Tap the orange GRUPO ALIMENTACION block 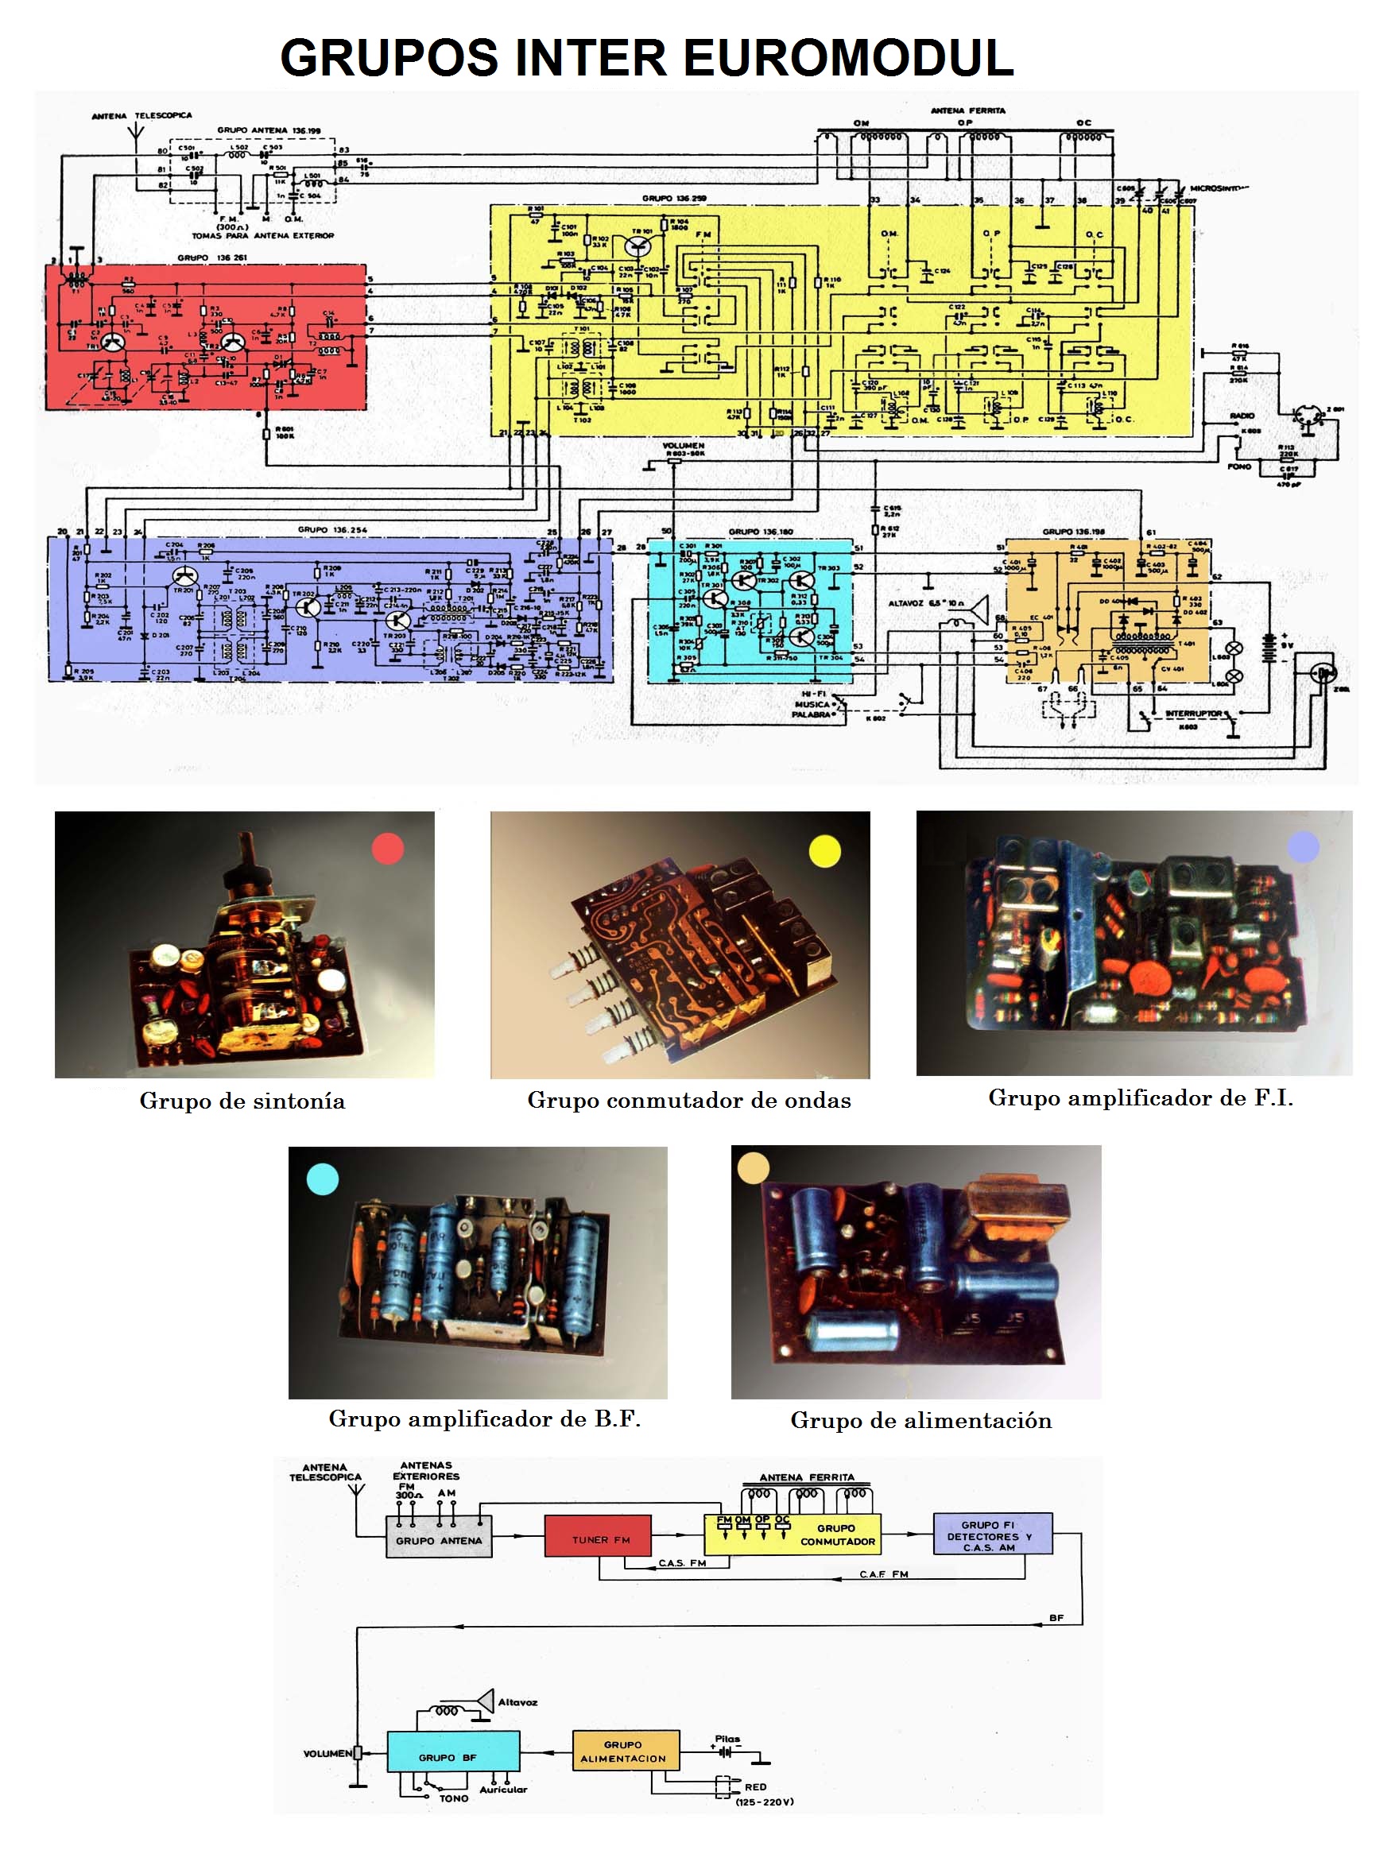tap(625, 1751)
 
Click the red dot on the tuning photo tap(387, 848)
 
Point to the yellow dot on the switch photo tap(824, 851)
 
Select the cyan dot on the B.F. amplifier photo tap(322, 1179)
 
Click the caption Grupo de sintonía tap(242, 1101)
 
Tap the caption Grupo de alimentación tap(920, 1420)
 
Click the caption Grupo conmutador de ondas tap(688, 1100)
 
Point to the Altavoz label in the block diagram tap(517, 1702)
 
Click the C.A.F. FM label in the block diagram tap(884, 1574)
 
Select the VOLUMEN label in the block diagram tap(327, 1753)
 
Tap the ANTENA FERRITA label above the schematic tap(968, 110)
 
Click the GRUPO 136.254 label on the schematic tap(332, 529)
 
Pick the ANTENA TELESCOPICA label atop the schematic tap(141, 115)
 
